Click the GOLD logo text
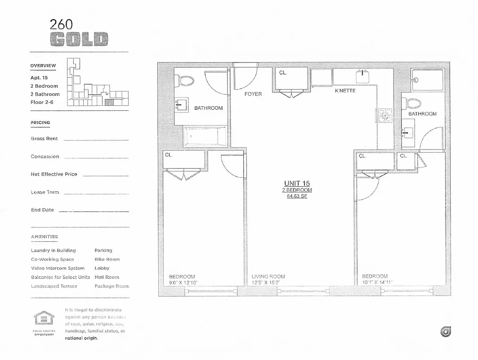click(79, 40)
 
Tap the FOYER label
click(253, 94)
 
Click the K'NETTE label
click(345, 90)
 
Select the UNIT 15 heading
click(297, 183)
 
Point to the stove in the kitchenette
click(385, 116)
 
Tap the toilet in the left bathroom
click(185, 81)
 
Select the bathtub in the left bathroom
click(205, 136)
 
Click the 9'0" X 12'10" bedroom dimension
click(183, 283)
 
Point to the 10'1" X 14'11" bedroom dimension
click(378, 283)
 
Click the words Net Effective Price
click(54, 174)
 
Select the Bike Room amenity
click(107, 259)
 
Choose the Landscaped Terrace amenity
click(54, 286)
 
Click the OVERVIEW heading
click(43, 66)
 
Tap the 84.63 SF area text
click(297, 196)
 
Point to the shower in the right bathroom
click(427, 80)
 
